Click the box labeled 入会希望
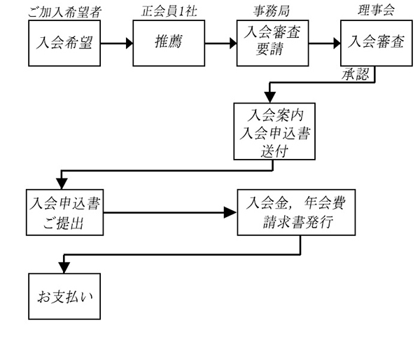pyautogui.click(x=64, y=42)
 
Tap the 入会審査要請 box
pyautogui.click(x=271, y=42)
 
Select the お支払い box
pyautogui.click(x=64, y=296)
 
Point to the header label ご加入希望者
pyautogui.click(x=64, y=11)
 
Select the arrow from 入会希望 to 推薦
pyautogui.click(x=115, y=43)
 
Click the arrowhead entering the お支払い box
pyautogui.click(x=64, y=267)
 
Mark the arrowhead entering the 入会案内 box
pyautogui.click(x=269, y=98)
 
